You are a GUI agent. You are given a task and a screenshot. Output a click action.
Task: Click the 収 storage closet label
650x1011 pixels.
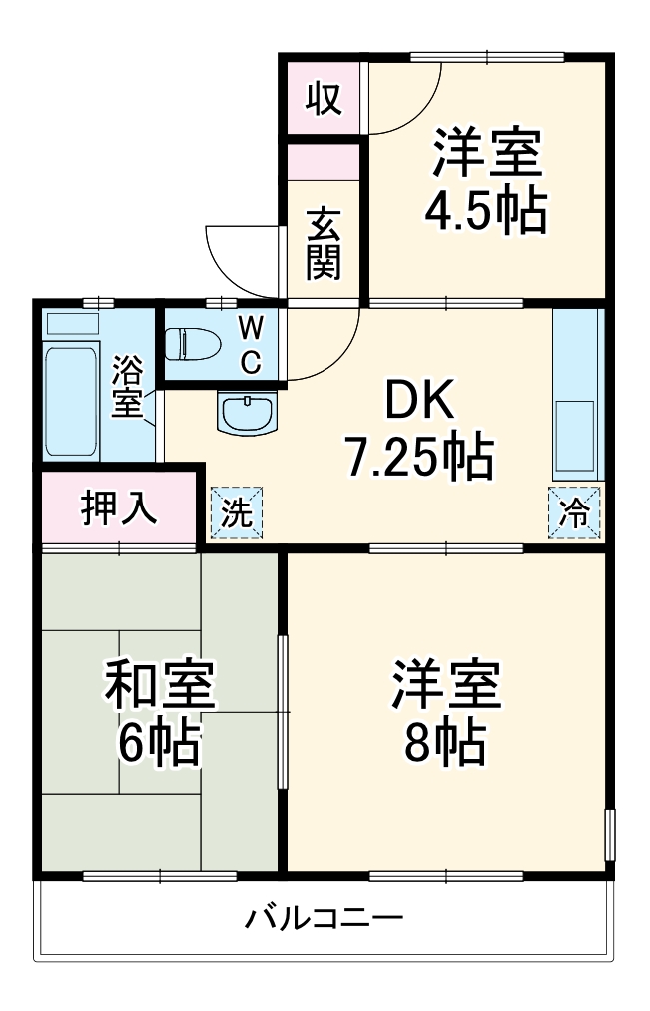pyautogui.click(x=323, y=99)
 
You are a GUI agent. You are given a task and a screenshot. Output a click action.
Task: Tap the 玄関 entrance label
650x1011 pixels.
pyautogui.click(x=324, y=243)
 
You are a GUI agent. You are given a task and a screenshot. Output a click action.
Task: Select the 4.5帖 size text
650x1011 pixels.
pyautogui.click(x=486, y=211)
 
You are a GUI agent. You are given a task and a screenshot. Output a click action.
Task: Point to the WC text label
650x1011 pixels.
pyautogui.click(x=252, y=343)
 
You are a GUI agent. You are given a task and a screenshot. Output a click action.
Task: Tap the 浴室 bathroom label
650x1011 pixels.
pyautogui.click(x=127, y=387)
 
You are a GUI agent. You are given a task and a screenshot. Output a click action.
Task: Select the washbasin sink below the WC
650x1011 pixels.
pyautogui.click(x=246, y=412)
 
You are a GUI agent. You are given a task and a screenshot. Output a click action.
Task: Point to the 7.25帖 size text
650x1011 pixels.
pyautogui.click(x=418, y=457)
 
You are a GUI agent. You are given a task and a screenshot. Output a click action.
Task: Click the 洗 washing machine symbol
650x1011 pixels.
pyautogui.click(x=237, y=513)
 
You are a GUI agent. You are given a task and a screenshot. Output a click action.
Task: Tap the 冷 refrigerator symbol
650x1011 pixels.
pyautogui.click(x=575, y=513)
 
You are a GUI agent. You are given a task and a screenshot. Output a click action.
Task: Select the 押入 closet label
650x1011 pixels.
pyautogui.click(x=119, y=508)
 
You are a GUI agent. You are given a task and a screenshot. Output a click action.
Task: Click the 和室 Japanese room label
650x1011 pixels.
pyautogui.click(x=159, y=686)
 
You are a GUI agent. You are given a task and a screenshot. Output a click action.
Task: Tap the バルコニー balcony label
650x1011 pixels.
pyautogui.click(x=325, y=917)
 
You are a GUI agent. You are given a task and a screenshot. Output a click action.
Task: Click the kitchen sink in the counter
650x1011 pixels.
pyautogui.click(x=576, y=434)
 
